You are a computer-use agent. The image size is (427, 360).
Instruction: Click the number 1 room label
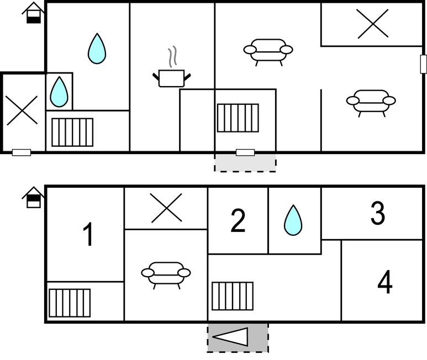(88, 234)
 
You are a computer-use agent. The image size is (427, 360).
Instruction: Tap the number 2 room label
(238, 220)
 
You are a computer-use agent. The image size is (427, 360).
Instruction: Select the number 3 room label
(378, 213)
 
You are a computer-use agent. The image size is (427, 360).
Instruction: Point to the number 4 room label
(385, 282)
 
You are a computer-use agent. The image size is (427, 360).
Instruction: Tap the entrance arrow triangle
(230, 337)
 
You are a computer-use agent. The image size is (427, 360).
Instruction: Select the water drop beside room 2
(293, 220)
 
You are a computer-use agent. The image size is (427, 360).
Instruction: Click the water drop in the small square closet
(59, 92)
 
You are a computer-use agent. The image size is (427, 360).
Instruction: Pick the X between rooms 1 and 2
(166, 208)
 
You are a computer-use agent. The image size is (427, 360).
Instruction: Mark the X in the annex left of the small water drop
(22, 110)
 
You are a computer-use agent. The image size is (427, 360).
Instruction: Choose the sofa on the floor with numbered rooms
(166, 275)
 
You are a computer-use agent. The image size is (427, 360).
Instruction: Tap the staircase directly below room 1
(70, 303)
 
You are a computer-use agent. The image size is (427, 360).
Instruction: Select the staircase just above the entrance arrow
(233, 296)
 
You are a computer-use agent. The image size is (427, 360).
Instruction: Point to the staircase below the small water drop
(72, 133)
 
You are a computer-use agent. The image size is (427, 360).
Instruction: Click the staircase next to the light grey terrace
(238, 118)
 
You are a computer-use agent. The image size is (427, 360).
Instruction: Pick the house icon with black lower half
(33, 13)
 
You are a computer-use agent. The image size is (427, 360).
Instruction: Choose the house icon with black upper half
(33, 197)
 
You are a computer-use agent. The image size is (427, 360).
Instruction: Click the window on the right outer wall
(424, 64)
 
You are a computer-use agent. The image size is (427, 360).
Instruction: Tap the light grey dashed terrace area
(245, 163)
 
